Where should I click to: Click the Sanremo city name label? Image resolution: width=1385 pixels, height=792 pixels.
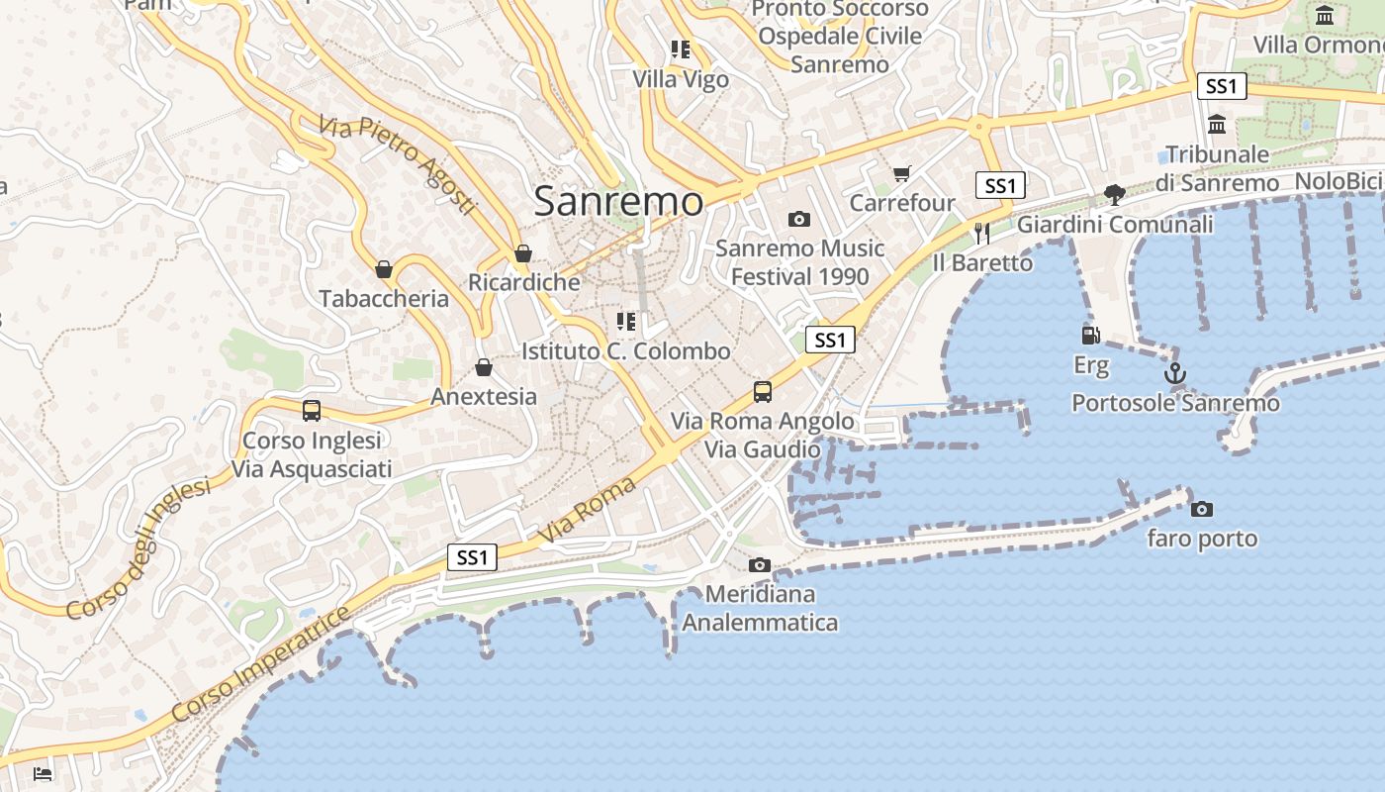618,201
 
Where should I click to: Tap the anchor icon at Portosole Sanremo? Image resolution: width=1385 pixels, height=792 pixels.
1175,374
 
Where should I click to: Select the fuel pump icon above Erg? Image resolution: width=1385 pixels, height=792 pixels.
1090,336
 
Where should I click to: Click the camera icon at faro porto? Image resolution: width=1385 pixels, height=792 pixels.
1202,509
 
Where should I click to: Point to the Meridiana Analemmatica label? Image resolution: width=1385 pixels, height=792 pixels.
760,608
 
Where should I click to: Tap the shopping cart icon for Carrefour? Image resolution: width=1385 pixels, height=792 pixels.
901,174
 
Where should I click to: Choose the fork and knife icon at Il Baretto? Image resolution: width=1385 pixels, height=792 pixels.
982,234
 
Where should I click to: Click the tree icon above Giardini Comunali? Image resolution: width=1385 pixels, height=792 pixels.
1115,194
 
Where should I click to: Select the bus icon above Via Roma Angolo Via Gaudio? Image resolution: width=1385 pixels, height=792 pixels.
762,391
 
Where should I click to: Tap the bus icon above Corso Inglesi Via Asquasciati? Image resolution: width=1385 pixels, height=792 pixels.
312,410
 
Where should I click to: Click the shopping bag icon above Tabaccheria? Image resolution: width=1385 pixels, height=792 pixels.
384,269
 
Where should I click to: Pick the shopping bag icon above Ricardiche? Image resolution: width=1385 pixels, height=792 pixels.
523,253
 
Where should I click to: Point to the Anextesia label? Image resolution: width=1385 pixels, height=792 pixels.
484,396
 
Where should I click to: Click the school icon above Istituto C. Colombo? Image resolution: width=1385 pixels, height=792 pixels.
625,321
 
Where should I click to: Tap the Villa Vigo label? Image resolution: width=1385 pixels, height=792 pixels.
681,79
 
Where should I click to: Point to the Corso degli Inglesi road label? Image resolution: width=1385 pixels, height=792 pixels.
138,550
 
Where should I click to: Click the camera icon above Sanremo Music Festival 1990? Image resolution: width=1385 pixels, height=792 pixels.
799,219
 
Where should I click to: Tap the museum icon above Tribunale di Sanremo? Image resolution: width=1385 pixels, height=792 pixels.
1217,125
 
